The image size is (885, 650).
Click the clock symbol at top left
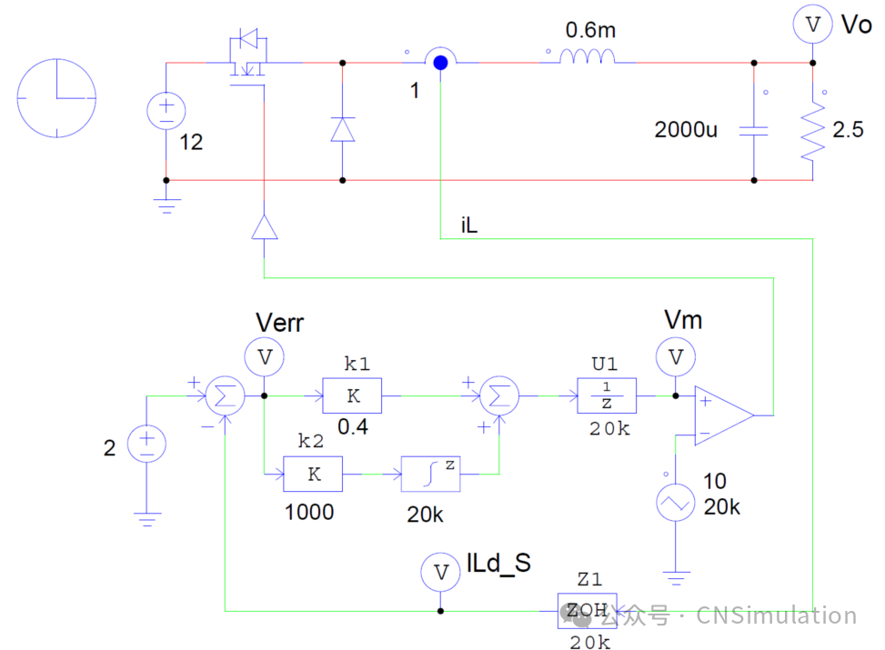57,97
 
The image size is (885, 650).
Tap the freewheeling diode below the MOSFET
342,129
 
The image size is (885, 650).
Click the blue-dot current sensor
440,63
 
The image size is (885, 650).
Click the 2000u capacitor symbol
753,130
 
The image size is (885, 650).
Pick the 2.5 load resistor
812,132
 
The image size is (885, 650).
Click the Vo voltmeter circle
812,26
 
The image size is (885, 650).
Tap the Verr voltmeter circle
265,357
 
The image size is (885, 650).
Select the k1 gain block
352,395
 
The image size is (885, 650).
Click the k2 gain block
313,474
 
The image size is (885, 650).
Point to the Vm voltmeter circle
675,357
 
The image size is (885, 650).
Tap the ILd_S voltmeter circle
441,572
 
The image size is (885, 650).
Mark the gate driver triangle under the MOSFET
264,226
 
